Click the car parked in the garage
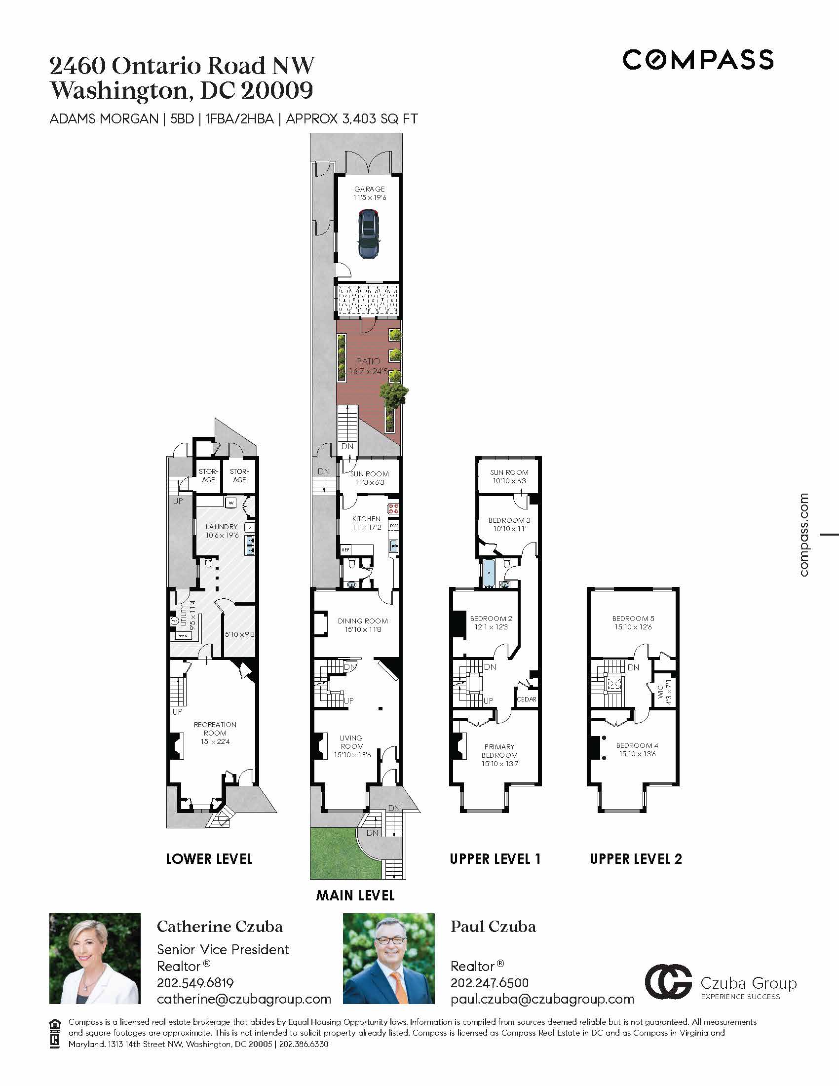368,233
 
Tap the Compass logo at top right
698,60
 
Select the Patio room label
368,366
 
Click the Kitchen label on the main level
366,523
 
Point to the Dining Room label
362,625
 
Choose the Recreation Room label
215,733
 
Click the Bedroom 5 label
633,622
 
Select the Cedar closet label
527,699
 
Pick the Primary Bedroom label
499,755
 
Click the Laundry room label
222,531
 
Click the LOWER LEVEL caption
209,859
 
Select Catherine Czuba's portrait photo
95,958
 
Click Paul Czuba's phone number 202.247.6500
490,982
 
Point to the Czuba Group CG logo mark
668,981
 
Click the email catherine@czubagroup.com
244,999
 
